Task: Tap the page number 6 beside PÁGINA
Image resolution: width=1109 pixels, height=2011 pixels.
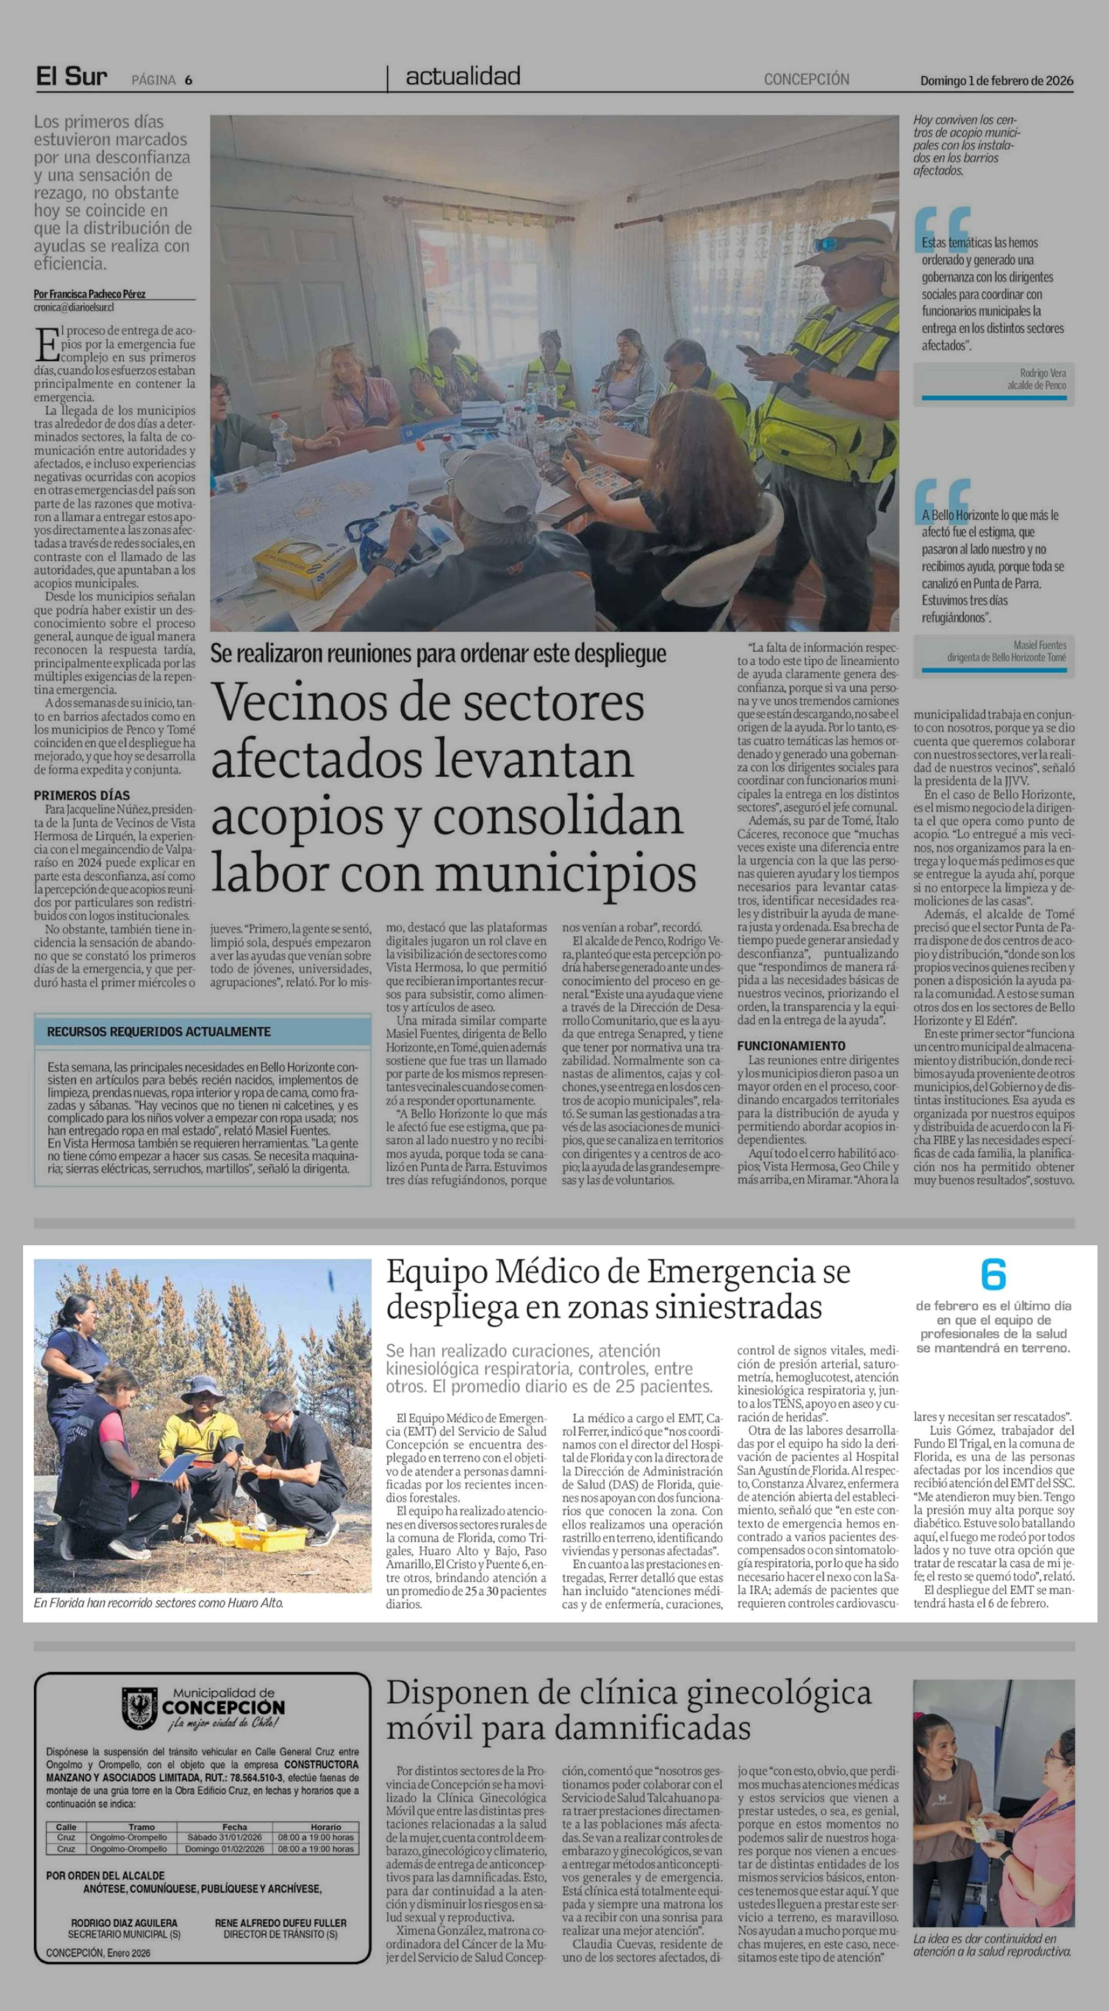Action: pos(189,80)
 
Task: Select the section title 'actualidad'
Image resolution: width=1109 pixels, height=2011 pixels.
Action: pos(463,77)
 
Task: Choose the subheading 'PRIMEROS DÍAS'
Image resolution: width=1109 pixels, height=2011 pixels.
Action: pos(81,795)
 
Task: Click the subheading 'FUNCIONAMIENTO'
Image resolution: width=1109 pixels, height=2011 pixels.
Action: pos(790,1045)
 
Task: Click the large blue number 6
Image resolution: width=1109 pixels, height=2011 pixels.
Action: pos(993,1275)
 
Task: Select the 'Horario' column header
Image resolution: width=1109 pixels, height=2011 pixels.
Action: pos(325,1827)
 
